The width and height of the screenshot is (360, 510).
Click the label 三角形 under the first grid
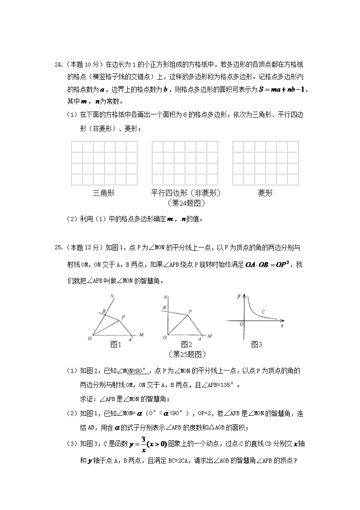click(x=104, y=193)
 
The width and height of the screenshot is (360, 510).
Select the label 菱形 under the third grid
click(x=265, y=193)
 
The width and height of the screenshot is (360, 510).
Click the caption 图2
click(x=186, y=345)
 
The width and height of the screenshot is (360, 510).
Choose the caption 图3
click(x=257, y=345)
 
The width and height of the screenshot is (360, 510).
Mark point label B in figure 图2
click(x=164, y=308)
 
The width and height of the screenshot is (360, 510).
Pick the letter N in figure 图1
click(x=112, y=297)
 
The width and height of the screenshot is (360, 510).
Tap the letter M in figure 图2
click(x=209, y=336)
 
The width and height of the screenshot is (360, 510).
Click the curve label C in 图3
click(x=263, y=312)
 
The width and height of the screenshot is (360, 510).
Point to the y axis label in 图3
click(x=239, y=296)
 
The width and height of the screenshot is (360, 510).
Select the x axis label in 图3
click(x=282, y=325)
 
